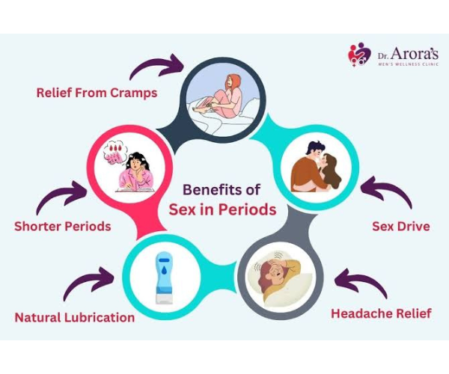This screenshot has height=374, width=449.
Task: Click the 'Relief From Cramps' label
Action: point(97,93)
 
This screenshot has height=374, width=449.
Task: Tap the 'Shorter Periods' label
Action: point(63,227)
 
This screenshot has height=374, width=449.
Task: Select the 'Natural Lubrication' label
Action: point(75,318)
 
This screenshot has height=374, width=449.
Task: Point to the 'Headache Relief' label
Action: point(381,313)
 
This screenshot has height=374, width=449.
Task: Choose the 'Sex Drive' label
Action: point(401,227)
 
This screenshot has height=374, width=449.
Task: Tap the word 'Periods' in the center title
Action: point(248,209)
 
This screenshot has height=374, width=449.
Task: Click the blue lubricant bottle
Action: point(164,278)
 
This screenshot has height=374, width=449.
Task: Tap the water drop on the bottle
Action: point(164,271)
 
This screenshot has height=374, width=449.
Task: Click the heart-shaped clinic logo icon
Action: point(359,55)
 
